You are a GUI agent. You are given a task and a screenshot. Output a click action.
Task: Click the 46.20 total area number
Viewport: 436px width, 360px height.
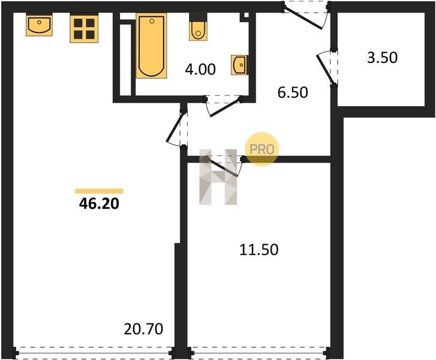(x=99, y=204)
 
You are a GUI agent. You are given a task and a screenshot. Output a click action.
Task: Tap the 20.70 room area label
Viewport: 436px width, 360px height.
(x=143, y=329)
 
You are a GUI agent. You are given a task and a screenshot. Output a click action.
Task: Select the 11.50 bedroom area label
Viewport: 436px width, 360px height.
(x=258, y=250)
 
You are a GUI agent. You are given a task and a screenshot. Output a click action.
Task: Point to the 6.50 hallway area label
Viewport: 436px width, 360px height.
(x=293, y=92)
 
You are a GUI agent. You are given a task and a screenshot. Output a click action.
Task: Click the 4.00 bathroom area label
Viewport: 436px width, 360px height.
(x=200, y=69)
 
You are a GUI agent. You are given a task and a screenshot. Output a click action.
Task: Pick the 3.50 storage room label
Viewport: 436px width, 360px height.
(x=383, y=58)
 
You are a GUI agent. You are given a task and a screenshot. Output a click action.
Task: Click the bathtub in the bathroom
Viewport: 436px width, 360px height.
(x=151, y=46)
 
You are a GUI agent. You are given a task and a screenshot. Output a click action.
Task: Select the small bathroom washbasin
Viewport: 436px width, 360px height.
(x=239, y=65)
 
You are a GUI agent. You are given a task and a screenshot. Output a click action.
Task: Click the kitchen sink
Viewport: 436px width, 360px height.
(x=39, y=25)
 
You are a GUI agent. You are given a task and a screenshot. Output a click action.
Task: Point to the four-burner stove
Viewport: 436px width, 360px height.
(x=84, y=29)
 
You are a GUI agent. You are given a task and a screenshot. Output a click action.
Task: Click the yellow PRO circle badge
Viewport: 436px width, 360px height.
(x=261, y=149)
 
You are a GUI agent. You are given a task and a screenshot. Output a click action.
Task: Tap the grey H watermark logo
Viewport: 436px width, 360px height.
(x=218, y=177)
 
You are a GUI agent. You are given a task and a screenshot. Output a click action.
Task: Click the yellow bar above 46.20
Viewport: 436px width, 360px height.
(x=99, y=191)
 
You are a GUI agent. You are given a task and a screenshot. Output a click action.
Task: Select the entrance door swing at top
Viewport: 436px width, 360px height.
(x=305, y=16)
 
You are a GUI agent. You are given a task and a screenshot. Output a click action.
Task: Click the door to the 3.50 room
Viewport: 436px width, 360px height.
(x=326, y=68)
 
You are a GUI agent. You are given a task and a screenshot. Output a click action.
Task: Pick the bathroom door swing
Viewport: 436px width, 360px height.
(x=223, y=106)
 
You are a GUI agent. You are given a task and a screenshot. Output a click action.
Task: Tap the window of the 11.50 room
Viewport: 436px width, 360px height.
(x=258, y=353)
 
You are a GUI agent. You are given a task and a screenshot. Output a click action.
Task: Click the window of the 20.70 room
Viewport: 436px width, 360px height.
(x=94, y=353)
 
